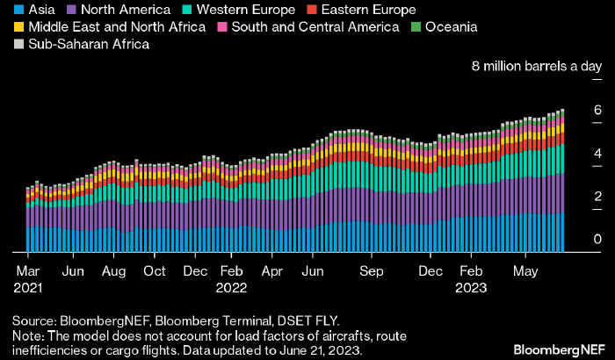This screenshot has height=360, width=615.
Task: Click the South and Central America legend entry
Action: tap(308, 27)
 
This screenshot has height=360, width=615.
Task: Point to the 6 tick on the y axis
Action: tap(597, 110)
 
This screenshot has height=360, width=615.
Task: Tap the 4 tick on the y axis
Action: tap(597, 153)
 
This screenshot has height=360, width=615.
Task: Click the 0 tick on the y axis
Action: tap(597, 239)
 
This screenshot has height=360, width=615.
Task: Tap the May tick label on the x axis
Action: tap(525, 271)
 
